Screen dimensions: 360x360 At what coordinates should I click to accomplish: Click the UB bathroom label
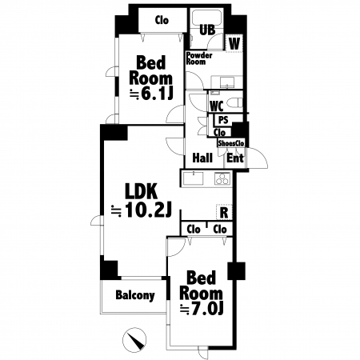click(x=207, y=30)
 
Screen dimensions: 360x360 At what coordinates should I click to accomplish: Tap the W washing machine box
click(x=234, y=43)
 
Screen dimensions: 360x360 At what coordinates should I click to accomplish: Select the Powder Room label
click(x=199, y=58)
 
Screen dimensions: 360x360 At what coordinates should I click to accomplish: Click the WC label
click(x=217, y=106)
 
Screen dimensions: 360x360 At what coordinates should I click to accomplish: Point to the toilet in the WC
click(x=234, y=103)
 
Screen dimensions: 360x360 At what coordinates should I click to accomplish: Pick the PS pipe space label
click(x=223, y=120)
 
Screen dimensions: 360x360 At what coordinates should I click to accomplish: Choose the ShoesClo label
click(x=231, y=143)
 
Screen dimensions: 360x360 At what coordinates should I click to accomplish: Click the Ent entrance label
click(x=235, y=158)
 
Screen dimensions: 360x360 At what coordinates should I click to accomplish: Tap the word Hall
click(x=202, y=158)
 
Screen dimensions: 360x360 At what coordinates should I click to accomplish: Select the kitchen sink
click(x=193, y=178)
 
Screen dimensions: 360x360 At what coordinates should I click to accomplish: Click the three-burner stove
click(x=222, y=178)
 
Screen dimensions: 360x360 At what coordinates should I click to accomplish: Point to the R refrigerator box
click(x=224, y=212)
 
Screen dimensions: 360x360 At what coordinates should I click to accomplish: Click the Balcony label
click(x=135, y=295)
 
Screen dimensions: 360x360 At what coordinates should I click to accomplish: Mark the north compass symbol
click(x=134, y=339)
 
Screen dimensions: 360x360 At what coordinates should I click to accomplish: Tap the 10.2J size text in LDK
click(x=148, y=210)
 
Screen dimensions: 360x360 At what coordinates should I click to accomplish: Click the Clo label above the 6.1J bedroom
click(x=162, y=20)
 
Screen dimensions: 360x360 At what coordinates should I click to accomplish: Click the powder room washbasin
click(x=226, y=82)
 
